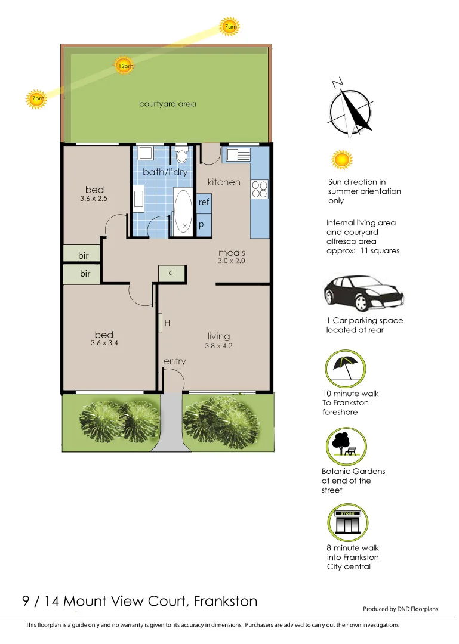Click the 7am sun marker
pos(230,27)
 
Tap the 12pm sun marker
pos(125,66)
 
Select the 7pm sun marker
pos(36,99)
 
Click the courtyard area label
pos(167,104)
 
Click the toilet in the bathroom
pos(181,155)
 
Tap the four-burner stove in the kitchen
pos(260,189)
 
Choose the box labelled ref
pos(204,203)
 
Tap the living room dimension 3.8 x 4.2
pos(218,346)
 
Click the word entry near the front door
pos(174,361)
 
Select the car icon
pos(363,293)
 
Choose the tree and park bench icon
pos(346,445)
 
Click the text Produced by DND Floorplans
pos(400,609)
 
